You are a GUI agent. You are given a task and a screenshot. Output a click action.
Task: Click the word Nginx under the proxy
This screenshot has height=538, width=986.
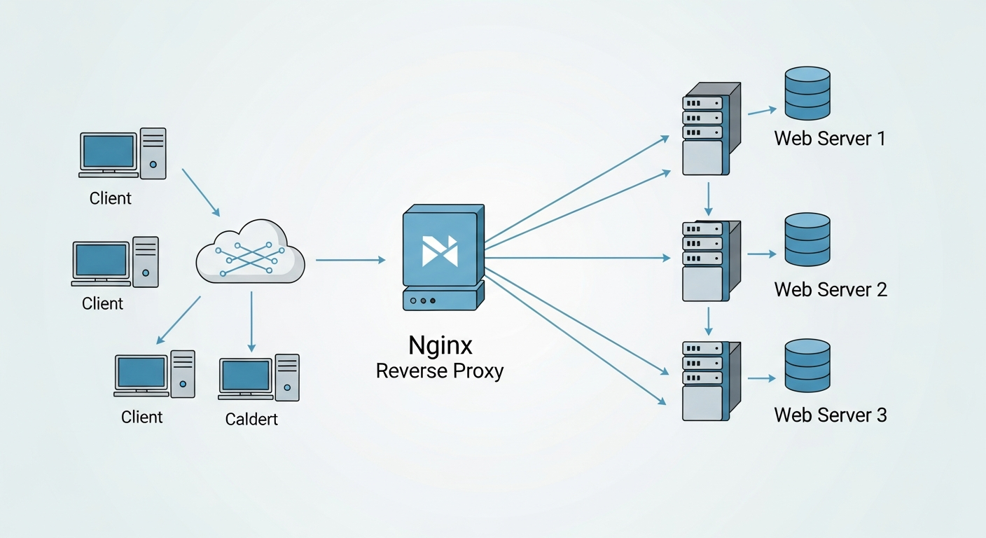coord(440,345)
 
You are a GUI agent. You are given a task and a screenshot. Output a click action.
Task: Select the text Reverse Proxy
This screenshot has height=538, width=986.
coord(440,371)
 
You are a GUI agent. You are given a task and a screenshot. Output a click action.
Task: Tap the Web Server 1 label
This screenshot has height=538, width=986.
coord(830,138)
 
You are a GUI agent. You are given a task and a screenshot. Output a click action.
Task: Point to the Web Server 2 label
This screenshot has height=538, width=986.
coord(831,289)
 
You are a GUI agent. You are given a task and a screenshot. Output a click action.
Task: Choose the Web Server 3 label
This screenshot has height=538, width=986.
coord(831,415)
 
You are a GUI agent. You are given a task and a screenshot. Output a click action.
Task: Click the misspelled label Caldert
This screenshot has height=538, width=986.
coord(251,419)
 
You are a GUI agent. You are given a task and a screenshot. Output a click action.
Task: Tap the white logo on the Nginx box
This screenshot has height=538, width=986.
coord(440,251)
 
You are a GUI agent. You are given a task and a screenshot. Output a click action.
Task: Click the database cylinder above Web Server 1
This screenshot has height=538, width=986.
coord(807,93)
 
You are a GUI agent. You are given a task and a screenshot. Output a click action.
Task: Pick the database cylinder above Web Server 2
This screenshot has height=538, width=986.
coord(807,240)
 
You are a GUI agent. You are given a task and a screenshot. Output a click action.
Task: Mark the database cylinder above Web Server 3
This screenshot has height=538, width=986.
coord(807,366)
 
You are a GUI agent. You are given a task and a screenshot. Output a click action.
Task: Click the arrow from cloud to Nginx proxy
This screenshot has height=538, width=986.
coord(350,260)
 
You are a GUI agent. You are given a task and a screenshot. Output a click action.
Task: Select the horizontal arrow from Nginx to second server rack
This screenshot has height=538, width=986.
coord(578,258)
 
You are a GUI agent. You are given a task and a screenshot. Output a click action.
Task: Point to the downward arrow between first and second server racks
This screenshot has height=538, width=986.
coord(709,198)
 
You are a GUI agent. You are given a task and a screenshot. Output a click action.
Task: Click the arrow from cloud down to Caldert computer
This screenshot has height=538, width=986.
coord(251,322)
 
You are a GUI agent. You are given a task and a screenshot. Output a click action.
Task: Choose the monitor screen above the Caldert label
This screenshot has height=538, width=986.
coord(244,377)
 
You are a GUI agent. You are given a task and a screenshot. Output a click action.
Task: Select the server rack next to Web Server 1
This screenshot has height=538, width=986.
coord(709,129)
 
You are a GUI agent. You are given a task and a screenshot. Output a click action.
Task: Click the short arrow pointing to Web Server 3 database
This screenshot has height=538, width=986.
coord(761,378)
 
